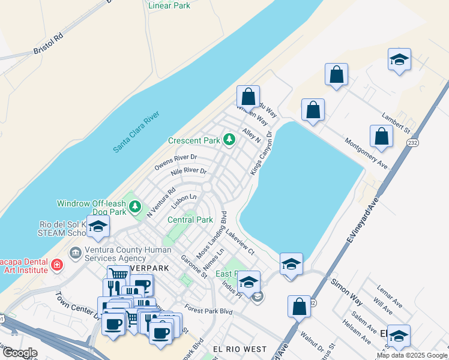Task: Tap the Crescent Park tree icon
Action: pyautogui.click(x=229, y=140)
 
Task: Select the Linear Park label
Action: pyautogui.click(x=169, y=5)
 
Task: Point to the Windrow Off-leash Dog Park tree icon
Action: pyautogui.click(x=136, y=207)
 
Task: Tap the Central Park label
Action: pyautogui.click(x=190, y=220)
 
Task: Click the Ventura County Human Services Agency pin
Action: pyautogui.click(x=75, y=252)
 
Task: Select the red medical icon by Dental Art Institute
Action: pyautogui.click(x=56, y=264)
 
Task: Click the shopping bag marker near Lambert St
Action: pyautogui.click(x=381, y=137)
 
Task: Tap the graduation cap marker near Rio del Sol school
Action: pyautogui.click(x=98, y=226)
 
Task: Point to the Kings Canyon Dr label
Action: pyautogui.click(x=262, y=153)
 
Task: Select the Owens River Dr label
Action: pyautogui.click(x=176, y=162)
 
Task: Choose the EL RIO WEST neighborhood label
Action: pyautogui.click(x=240, y=349)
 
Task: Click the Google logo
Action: pyautogui.click(x=20, y=353)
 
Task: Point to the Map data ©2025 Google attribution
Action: pyautogui.click(x=411, y=355)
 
